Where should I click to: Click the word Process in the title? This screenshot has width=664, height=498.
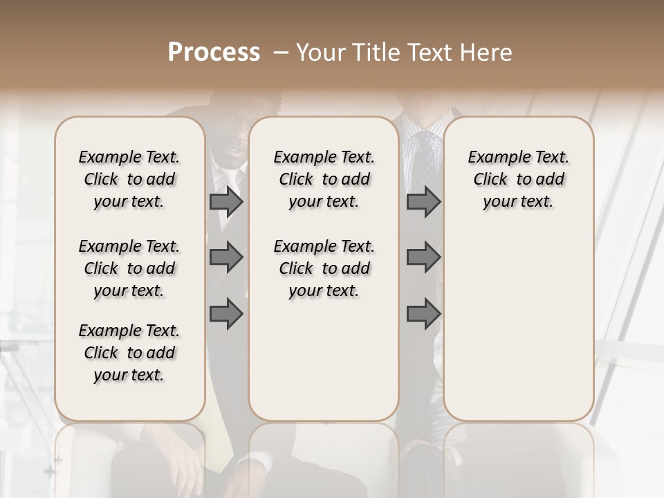[214, 53]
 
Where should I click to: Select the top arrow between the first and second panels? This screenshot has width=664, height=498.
[226, 202]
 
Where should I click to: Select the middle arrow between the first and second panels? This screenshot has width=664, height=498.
[226, 258]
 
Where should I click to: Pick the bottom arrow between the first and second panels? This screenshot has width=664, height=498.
[226, 315]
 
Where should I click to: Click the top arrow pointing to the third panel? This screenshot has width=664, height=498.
[423, 202]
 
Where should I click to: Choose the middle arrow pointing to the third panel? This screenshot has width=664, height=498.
[423, 258]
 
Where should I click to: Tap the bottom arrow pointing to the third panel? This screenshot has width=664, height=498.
[423, 315]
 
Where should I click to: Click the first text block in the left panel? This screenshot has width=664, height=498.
[129, 179]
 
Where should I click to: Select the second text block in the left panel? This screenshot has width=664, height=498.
[129, 268]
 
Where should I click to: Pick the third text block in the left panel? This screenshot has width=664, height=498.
[129, 353]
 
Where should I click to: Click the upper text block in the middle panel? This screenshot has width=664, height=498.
[324, 179]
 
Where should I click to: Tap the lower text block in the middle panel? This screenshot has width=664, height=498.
[324, 268]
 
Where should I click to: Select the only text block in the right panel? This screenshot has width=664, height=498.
[519, 179]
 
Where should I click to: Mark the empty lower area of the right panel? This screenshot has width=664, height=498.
[519, 325]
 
